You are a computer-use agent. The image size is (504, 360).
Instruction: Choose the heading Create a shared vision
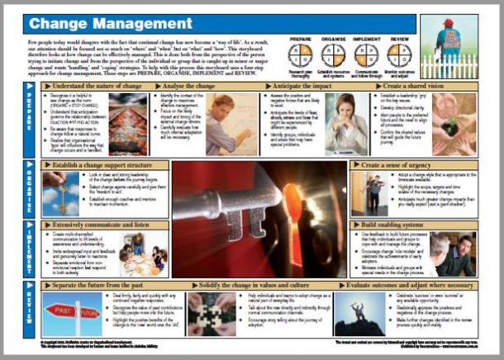pyautogui.click(x=404, y=86)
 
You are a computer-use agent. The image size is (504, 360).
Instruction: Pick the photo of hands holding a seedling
pyautogui.click(x=455, y=124)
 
